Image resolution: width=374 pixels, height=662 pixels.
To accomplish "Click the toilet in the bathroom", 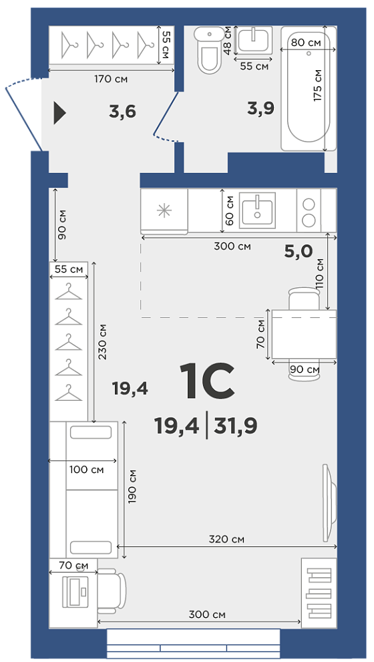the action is [x=210, y=50].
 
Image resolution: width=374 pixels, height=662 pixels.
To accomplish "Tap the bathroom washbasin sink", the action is [x=254, y=39].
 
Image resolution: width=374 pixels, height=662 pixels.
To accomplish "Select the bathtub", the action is [x=309, y=88].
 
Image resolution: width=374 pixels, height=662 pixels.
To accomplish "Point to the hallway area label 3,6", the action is [x=122, y=112].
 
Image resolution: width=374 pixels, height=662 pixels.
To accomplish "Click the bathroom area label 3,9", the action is [x=261, y=108].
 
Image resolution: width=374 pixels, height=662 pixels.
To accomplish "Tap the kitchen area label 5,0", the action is [x=298, y=252].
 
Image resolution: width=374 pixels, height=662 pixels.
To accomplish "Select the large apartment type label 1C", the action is [x=207, y=381].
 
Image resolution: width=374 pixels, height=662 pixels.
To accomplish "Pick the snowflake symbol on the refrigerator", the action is [x=164, y=210].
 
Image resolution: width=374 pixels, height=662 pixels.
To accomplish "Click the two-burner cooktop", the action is [x=309, y=210].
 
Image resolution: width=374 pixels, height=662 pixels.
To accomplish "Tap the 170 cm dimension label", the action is [x=111, y=79].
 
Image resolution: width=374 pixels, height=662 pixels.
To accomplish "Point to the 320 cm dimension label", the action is [x=226, y=539].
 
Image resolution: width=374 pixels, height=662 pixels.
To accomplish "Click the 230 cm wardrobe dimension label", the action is [x=102, y=341].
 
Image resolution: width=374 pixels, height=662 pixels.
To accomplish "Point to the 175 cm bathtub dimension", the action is [x=318, y=85].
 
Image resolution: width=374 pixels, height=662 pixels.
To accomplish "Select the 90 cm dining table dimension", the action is [x=305, y=370].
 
